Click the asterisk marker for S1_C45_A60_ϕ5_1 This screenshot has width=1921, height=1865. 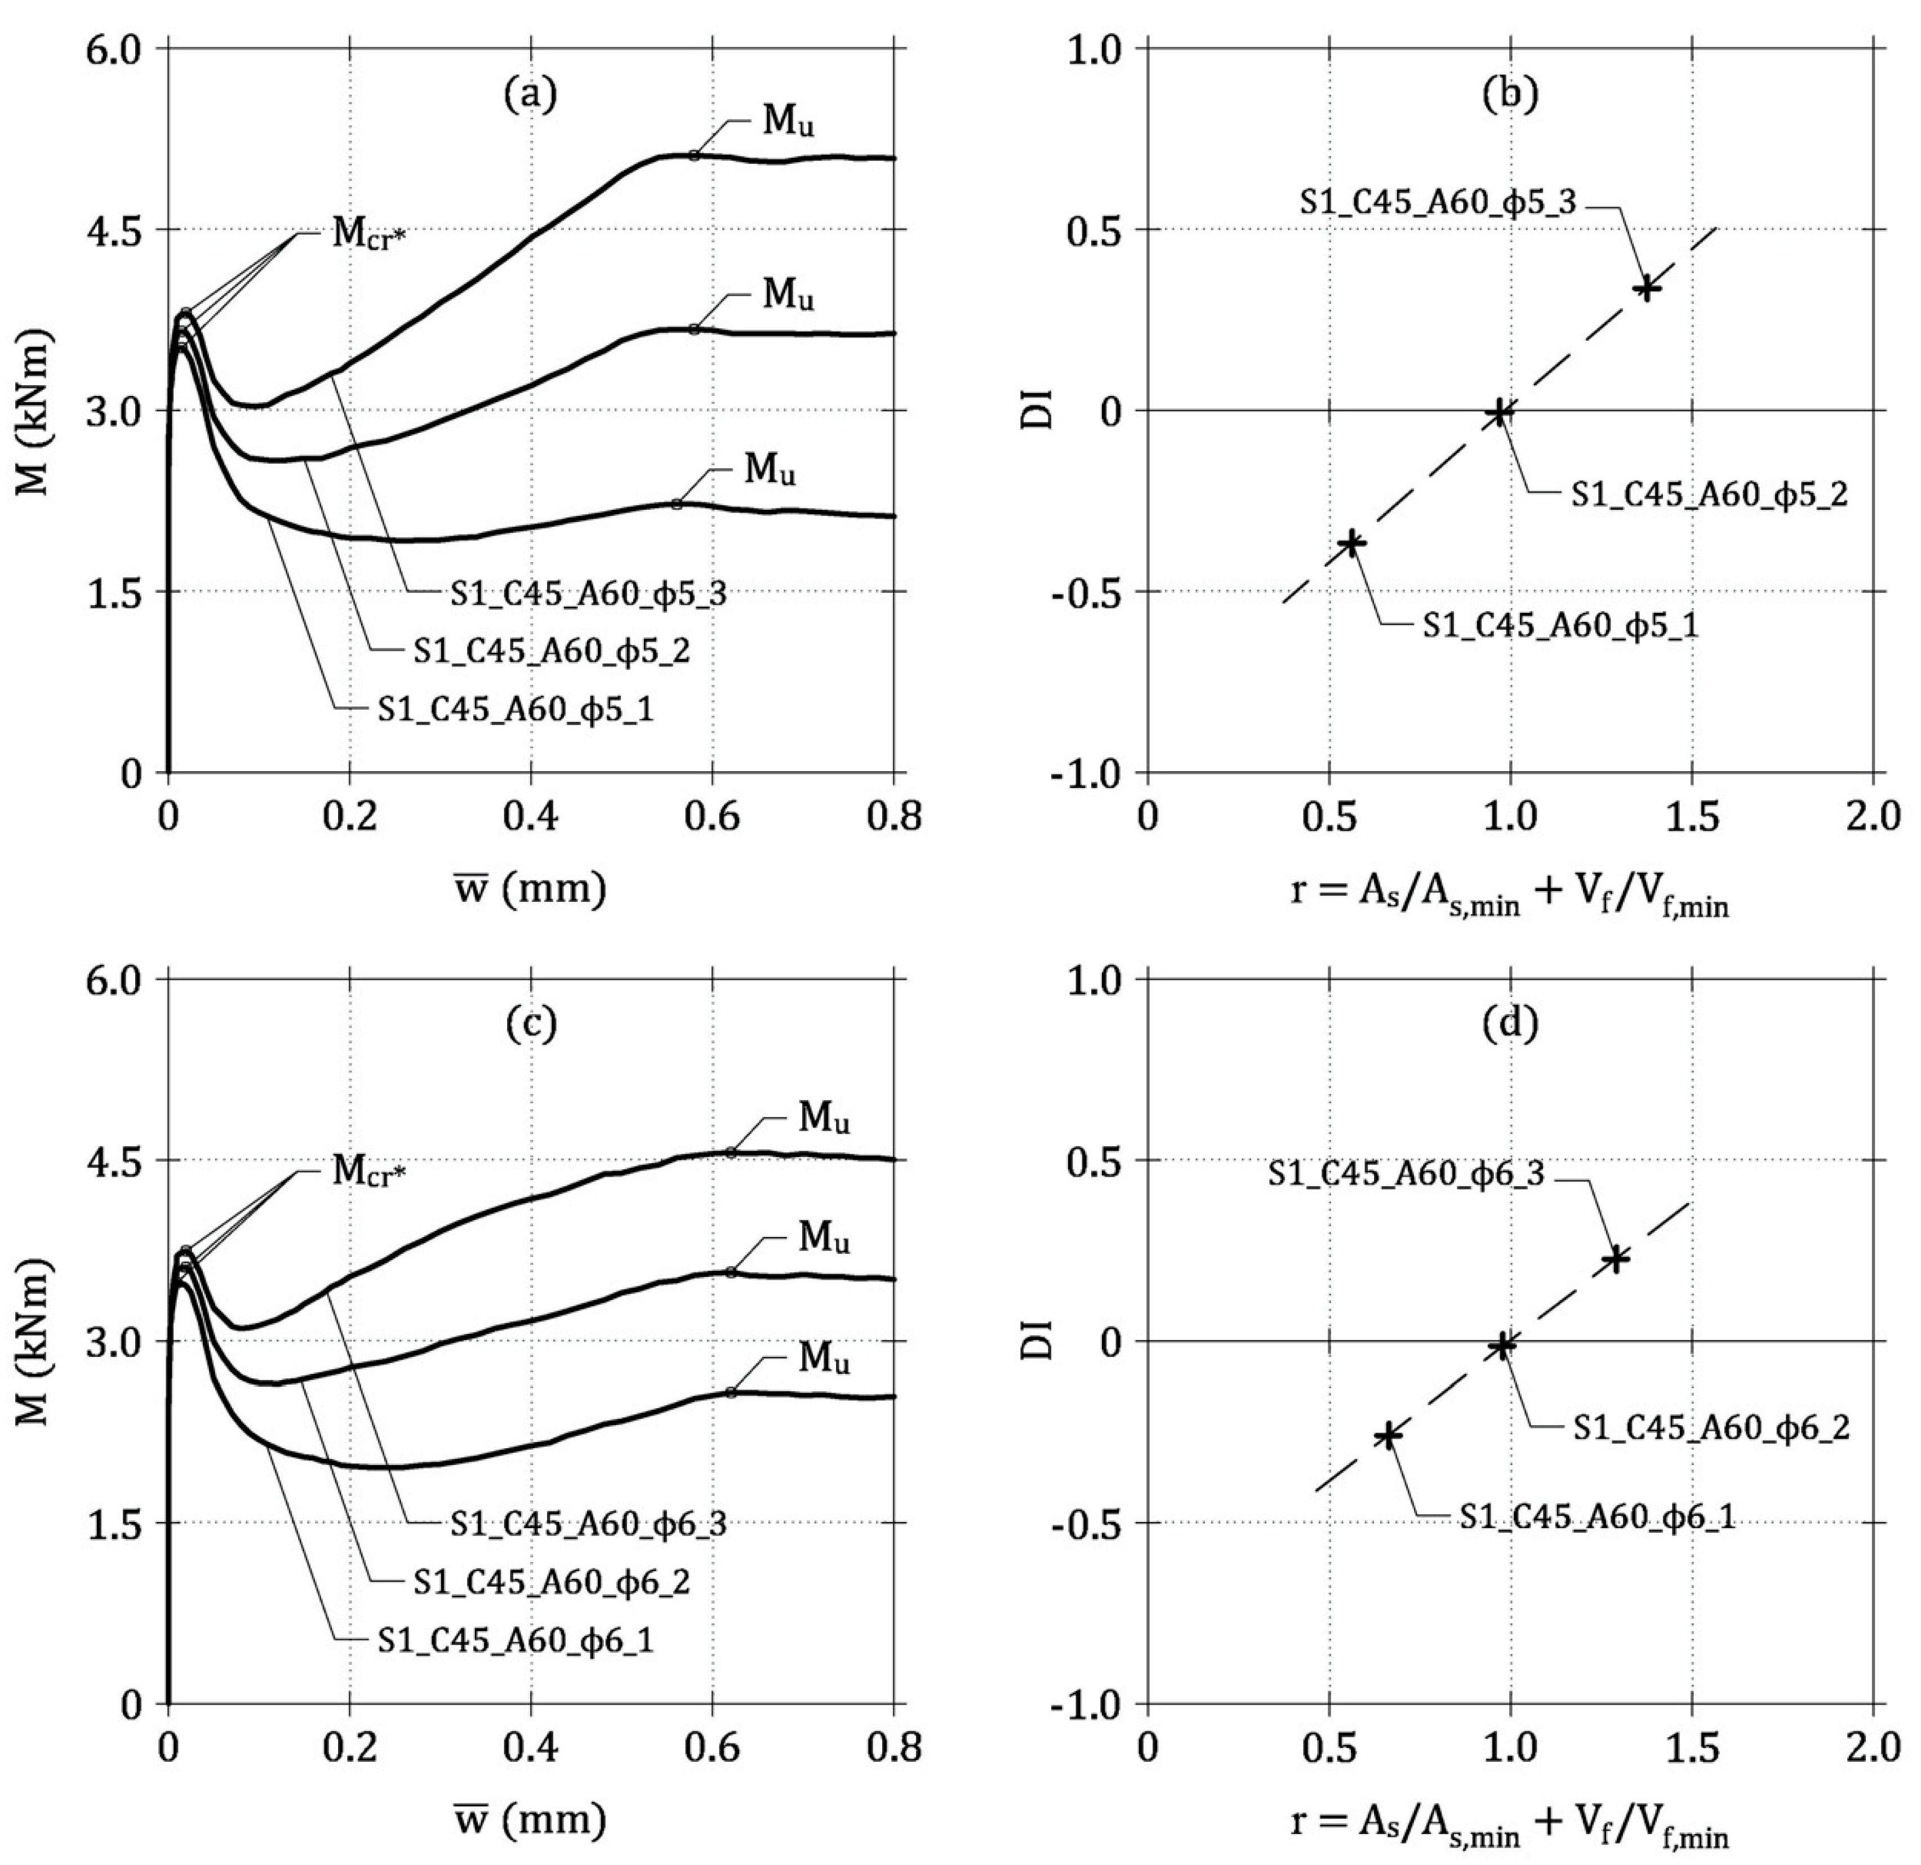tap(1353, 543)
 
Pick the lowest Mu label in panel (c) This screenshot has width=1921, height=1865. tap(823, 1359)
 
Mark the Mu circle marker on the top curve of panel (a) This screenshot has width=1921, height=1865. tap(694, 155)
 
